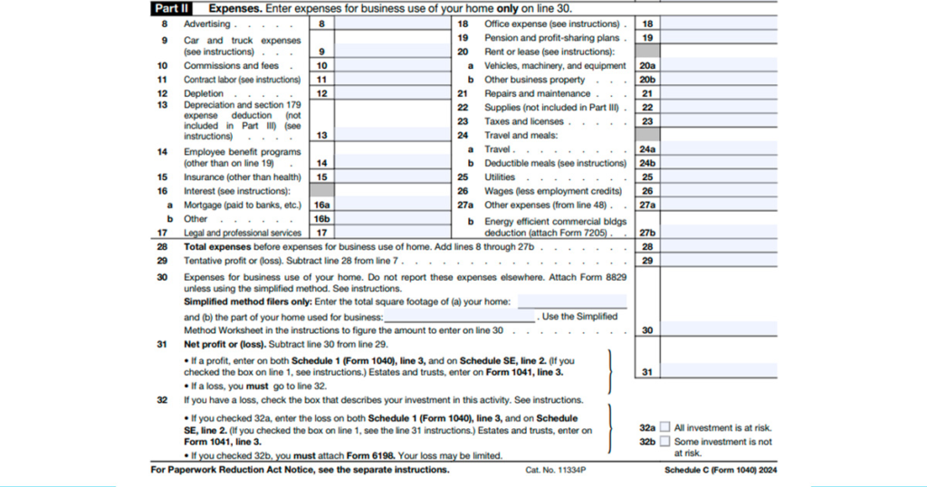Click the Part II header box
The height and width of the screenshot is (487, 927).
[x=167, y=8]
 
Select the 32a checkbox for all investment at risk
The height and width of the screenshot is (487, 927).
[x=665, y=427]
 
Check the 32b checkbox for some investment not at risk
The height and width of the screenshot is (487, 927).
[x=665, y=442]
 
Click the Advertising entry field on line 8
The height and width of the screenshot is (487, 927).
[x=393, y=24]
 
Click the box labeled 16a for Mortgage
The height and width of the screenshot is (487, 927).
[x=321, y=205]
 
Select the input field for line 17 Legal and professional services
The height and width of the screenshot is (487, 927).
[x=393, y=233]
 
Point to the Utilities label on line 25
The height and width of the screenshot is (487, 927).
[x=500, y=177]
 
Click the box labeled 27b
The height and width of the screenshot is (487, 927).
[x=646, y=233]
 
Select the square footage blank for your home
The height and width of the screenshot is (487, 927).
[x=571, y=301]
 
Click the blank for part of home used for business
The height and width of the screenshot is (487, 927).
[x=459, y=318]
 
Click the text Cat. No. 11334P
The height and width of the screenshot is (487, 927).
[x=556, y=471]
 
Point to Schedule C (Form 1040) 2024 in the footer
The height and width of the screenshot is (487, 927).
[x=720, y=471]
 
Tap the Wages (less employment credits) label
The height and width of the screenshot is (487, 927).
[x=553, y=191]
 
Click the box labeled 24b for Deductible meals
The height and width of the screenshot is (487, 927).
[x=646, y=163]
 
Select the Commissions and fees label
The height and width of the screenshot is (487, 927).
[x=231, y=66]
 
